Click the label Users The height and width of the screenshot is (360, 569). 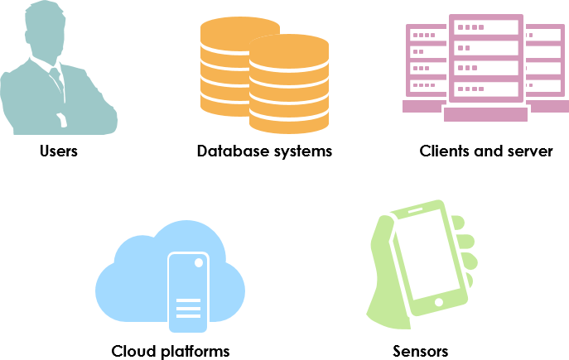[58, 151]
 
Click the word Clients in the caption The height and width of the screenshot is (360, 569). [446, 151]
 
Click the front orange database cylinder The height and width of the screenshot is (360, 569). [289, 83]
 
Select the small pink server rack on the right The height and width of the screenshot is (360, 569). [543, 62]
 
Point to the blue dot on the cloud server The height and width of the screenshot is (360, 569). [199, 262]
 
